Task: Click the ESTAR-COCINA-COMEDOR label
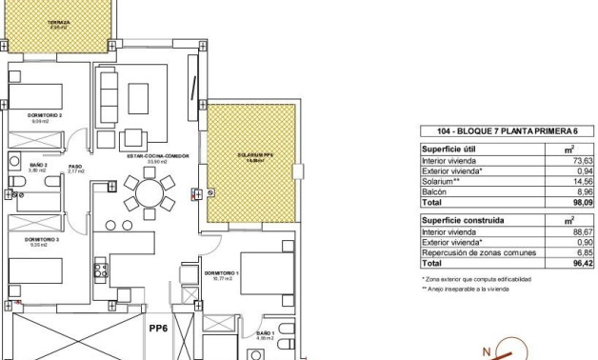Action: [150, 156]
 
